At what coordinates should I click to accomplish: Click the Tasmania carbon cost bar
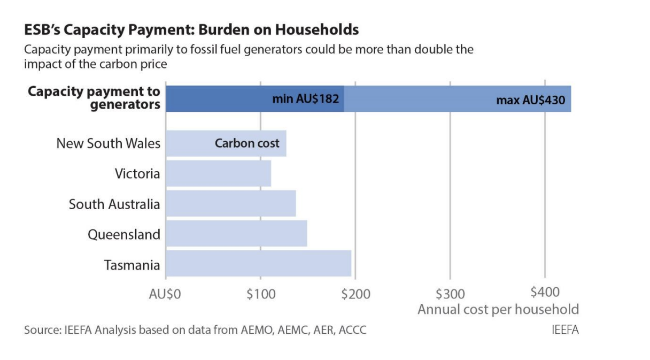259,263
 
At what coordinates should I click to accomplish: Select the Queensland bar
236,233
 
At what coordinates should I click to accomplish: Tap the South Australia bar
231,203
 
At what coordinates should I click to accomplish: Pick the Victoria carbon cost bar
219,173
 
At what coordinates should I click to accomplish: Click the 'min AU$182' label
306,99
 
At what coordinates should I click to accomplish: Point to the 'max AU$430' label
531,100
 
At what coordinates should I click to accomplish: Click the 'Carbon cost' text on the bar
247,143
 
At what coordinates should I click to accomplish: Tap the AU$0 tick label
165,294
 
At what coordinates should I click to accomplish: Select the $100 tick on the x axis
261,294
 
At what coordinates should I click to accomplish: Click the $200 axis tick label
356,294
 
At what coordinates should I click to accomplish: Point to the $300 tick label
451,294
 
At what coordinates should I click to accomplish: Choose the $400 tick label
545,292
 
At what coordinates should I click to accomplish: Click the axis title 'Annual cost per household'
498,310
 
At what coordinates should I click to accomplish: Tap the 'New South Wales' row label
108,143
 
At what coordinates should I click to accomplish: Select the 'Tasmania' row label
132,265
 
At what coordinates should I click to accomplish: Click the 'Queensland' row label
124,235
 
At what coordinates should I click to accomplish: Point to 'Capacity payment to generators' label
94,98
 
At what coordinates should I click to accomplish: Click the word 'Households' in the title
317,29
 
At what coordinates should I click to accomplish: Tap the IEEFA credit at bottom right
565,330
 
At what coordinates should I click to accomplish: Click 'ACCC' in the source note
353,330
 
